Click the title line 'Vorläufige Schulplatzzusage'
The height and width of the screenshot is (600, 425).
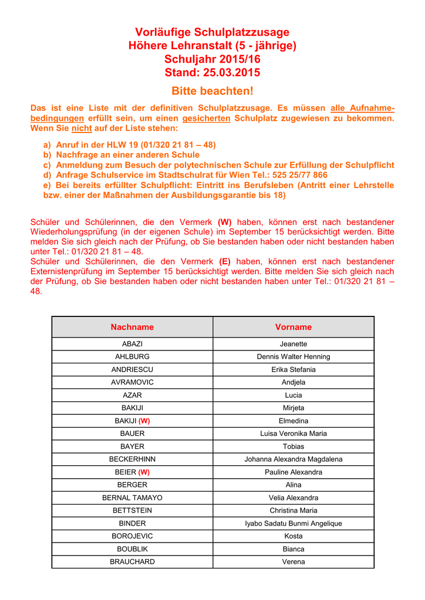pyautogui.click(x=212, y=32)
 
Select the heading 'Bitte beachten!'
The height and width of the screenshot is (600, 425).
pyautogui.click(x=212, y=91)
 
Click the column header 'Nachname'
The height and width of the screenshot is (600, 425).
pyautogui.click(x=132, y=327)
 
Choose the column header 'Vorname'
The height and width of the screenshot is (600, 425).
pyautogui.click(x=293, y=327)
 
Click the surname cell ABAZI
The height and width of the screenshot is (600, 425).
pyautogui.click(x=132, y=344)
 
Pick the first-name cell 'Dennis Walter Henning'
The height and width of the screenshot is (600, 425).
pyautogui.click(x=293, y=357)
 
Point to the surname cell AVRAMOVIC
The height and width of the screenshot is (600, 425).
pyautogui.click(x=132, y=383)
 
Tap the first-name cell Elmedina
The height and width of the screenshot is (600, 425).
pyautogui.click(x=293, y=421)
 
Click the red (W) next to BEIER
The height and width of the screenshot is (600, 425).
pyautogui.click(x=144, y=472)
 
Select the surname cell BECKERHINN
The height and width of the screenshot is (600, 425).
pyautogui.click(x=132, y=459)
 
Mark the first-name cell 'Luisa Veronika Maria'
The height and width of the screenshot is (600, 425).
pyautogui.click(x=293, y=434)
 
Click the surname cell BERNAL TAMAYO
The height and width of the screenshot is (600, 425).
pyautogui.click(x=132, y=498)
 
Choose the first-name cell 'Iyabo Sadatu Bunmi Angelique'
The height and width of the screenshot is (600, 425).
pyautogui.click(x=293, y=523)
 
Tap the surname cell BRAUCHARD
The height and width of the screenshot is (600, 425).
pyautogui.click(x=132, y=562)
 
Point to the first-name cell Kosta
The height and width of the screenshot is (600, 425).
pyautogui.click(x=293, y=536)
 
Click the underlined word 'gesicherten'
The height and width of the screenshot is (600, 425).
pyautogui.click(x=206, y=118)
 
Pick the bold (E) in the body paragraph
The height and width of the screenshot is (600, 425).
pyautogui.click(x=225, y=261)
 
